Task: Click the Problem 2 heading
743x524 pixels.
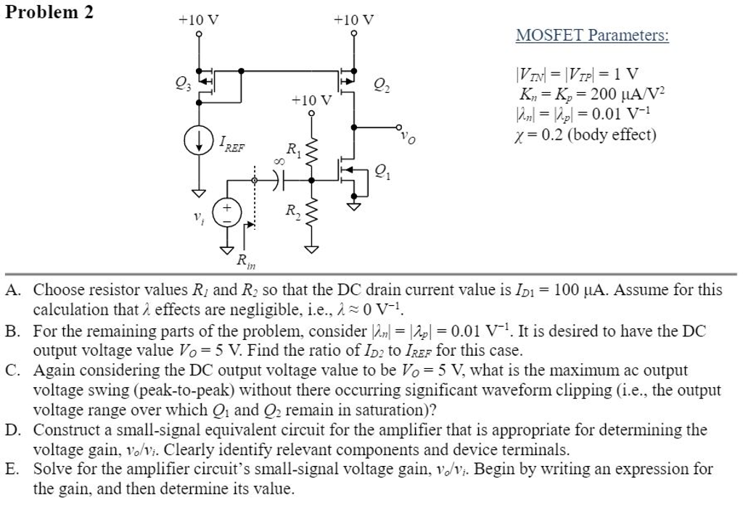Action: coord(49,12)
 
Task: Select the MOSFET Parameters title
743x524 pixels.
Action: coord(592,35)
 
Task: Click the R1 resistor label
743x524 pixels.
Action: coord(293,151)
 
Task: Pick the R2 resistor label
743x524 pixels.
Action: coord(292,211)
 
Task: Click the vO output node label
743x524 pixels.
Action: coord(409,138)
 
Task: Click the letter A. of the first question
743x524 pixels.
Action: coord(12,291)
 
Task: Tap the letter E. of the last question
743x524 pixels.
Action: coord(12,469)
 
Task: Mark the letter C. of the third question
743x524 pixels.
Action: coord(12,370)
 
